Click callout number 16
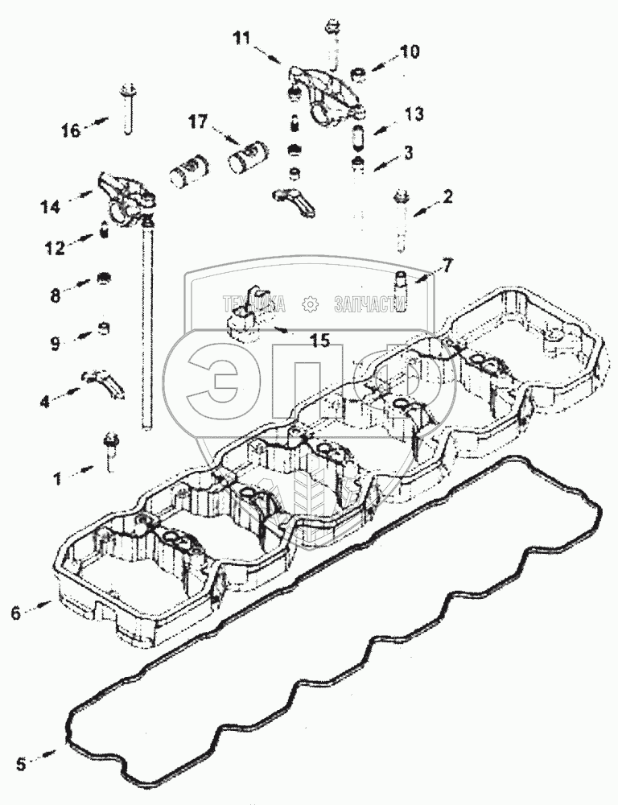coord(72,130)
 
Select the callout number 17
coord(197,122)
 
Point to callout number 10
coord(409,52)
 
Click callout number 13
coord(414,114)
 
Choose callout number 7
coord(448,263)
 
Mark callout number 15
coord(320,341)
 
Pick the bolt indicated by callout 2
coord(400,221)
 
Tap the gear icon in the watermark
coord(308,303)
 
